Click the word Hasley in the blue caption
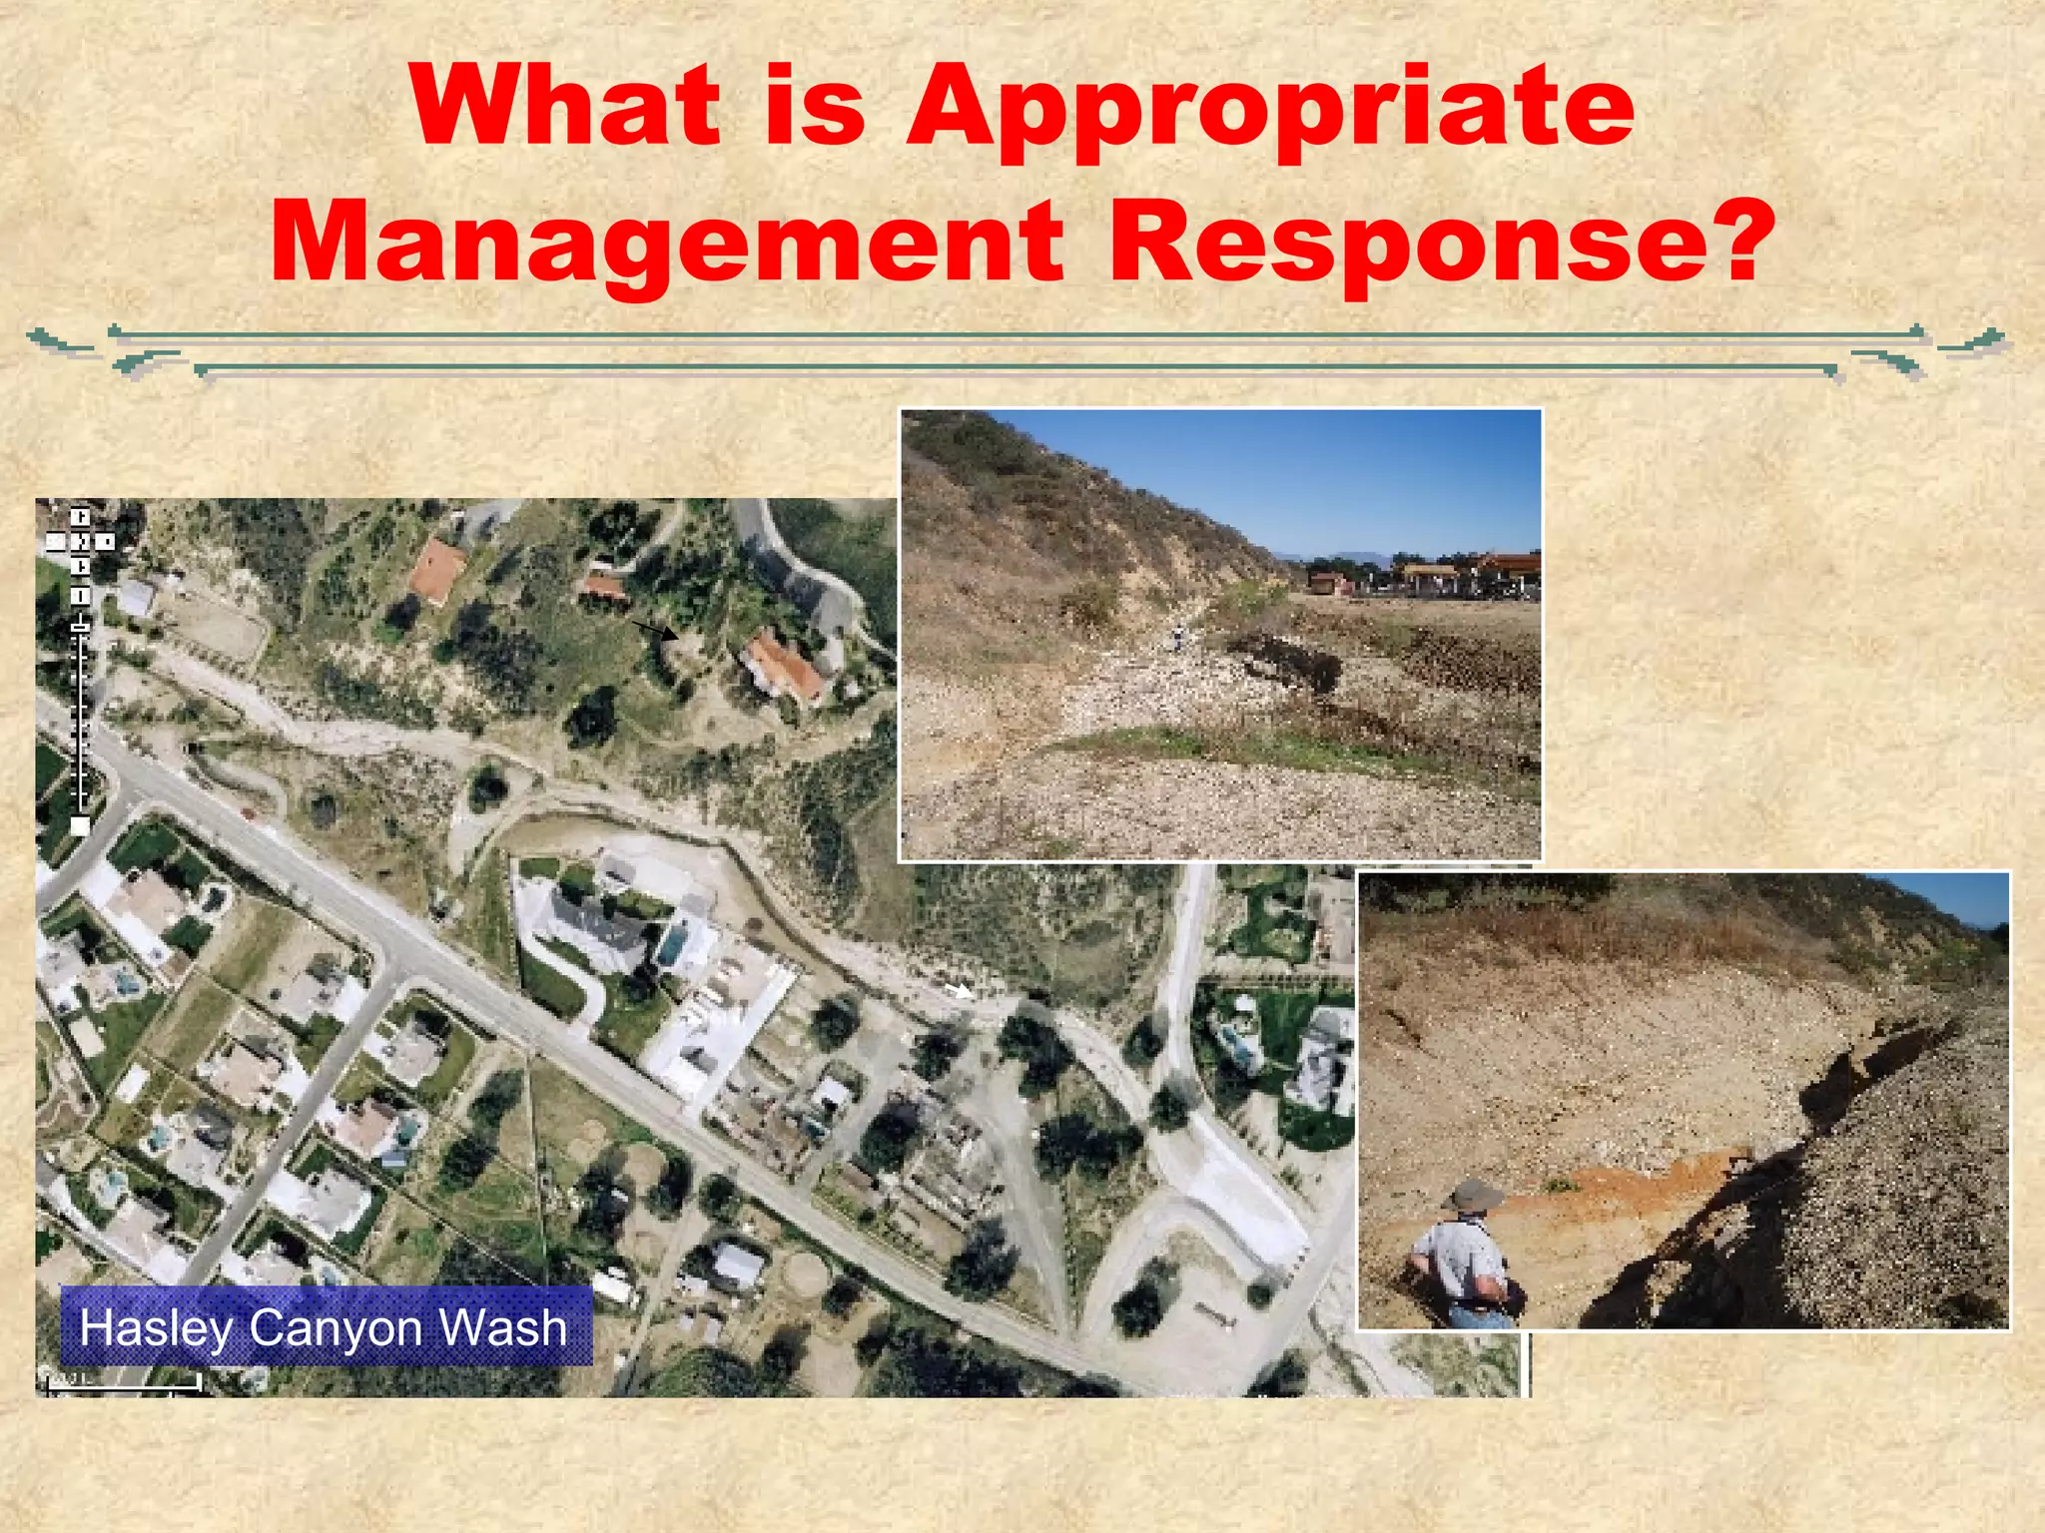coord(157,1328)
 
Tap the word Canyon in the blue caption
coord(337,1328)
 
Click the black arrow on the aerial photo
coord(655,631)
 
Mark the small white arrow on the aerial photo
coord(958,990)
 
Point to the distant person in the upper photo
coord(1179,635)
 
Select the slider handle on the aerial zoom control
coord(80,626)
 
